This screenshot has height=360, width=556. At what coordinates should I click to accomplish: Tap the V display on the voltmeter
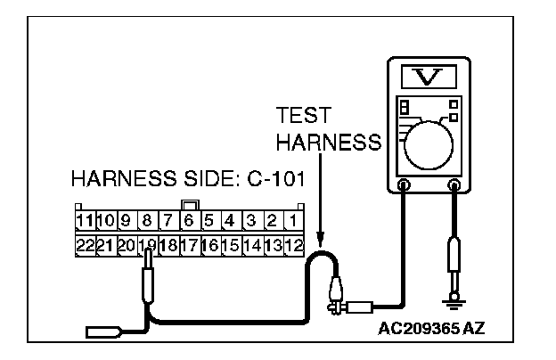[429, 77]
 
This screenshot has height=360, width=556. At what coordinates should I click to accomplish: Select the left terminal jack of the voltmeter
[403, 186]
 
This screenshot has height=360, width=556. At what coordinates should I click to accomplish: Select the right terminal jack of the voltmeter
[454, 186]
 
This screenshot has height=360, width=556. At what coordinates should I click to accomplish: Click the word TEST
[302, 116]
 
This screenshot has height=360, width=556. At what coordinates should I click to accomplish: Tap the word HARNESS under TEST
[328, 143]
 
